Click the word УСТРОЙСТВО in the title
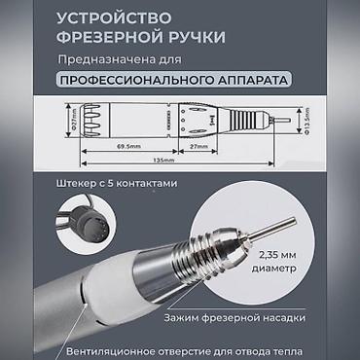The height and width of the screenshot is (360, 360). pyautogui.click(x=114, y=18)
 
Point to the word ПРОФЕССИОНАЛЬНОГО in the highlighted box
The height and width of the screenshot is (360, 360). pyautogui.click(x=135, y=80)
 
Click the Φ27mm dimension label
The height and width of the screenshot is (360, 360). pyautogui.click(x=73, y=120)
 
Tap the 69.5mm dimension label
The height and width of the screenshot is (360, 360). pyautogui.click(x=128, y=146)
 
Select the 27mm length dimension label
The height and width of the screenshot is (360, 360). pyautogui.click(x=198, y=146)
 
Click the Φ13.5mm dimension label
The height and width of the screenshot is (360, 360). pyautogui.click(x=306, y=122)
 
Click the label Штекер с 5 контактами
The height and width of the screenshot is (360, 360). pyautogui.click(x=117, y=183)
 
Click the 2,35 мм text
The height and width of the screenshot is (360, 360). pyautogui.click(x=277, y=255)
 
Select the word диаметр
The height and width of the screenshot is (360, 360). pyautogui.click(x=274, y=269)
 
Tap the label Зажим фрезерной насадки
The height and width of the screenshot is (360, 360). pyautogui.click(x=234, y=317)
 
